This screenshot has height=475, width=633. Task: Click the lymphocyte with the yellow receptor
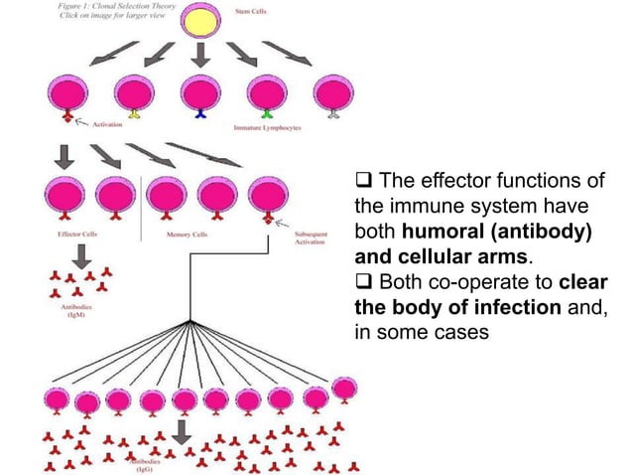point(134,95)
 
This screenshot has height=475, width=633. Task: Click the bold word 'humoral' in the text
point(432,231)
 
